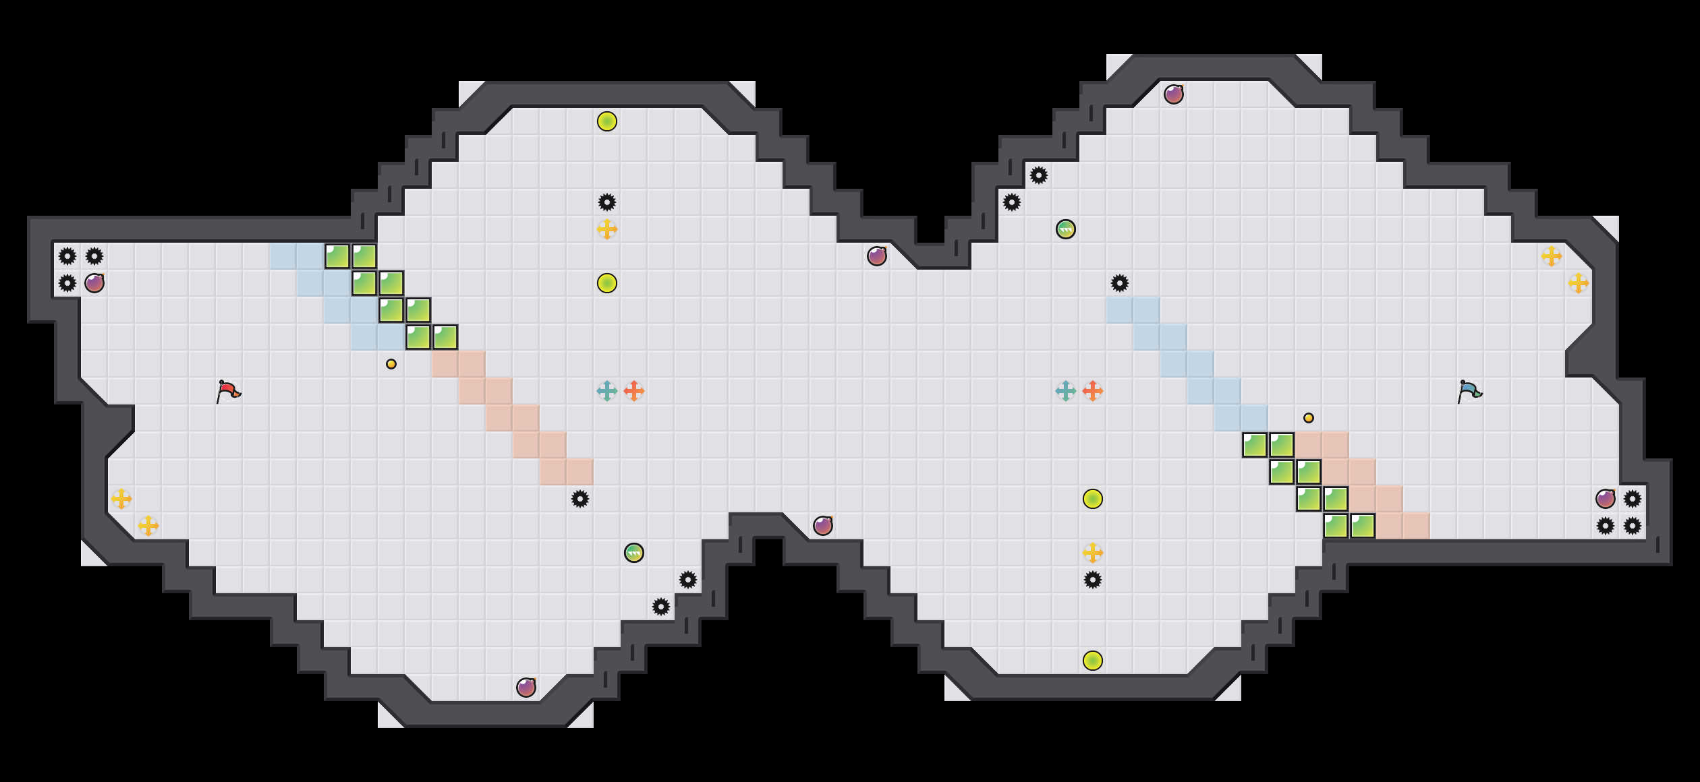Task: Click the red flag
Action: tap(228, 391)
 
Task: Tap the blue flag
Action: tap(1469, 391)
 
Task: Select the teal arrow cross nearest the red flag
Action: tap(607, 391)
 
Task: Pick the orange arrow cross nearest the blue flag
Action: tap(1093, 391)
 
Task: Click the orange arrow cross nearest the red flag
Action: tap(634, 391)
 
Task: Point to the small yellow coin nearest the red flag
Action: tap(391, 364)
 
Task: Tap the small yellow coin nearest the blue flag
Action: tap(1309, 418)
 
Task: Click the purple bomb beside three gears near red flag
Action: tap(94, 283)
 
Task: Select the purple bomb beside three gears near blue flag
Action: tap(1606, 499)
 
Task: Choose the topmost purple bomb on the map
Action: tap(1174, 94)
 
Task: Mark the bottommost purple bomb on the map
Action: tap(526, 688)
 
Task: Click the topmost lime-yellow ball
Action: tap(607, 121)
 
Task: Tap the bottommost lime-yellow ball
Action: tap(1093, 661)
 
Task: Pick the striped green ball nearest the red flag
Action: tap(634, 553)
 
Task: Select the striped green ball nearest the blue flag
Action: tap(1066, 229)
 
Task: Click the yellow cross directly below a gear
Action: tap(607, 229)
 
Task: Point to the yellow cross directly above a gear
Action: tap(1093, 553)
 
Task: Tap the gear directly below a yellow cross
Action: tap(1093, 580)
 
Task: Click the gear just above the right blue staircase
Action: tap(1120, 283)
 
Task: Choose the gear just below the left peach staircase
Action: tap(580, 499)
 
